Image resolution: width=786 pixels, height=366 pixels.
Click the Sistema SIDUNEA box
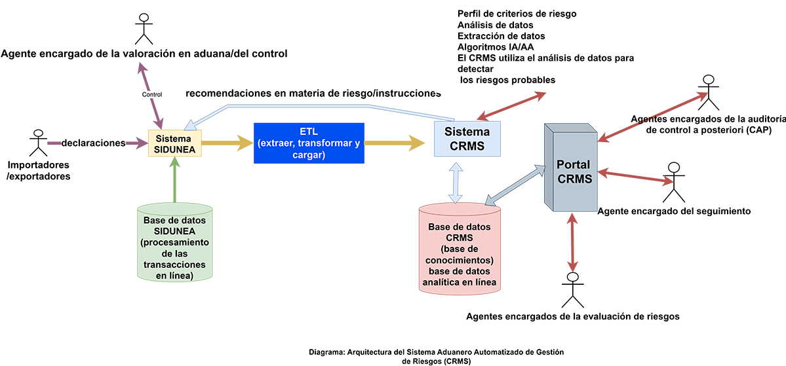pyautogui.click(x=173, y=143)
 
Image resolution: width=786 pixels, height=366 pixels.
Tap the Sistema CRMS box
pyautogui.click(x=467, y=138)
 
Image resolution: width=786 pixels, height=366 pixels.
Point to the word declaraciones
pyautogui.click(x=92, y=143)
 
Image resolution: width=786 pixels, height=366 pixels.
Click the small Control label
pyautogui.click(x=152, y=94)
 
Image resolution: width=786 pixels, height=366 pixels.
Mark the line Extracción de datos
pyautogui.click(x=501, y=36)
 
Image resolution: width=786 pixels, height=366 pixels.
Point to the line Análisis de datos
pyautogui.click(x=495, y=25)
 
